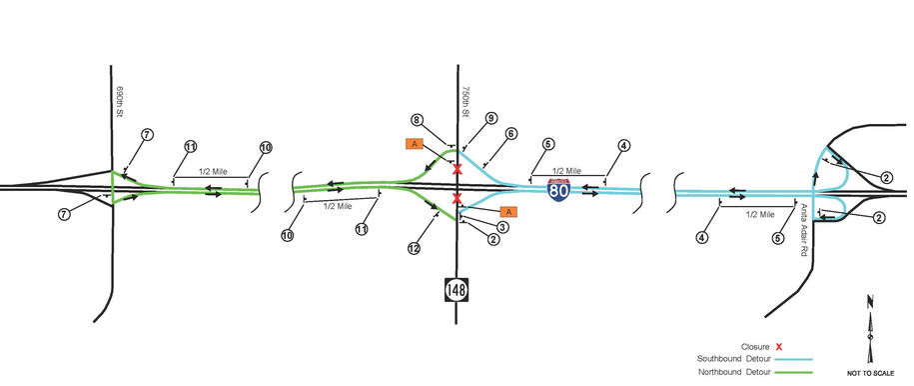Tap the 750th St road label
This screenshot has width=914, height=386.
click(x=465, y=97)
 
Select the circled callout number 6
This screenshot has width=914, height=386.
click(x=510, y=133)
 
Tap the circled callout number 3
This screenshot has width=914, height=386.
click(x=503, y=228)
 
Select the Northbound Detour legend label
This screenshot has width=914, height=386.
click(x=736, y=373)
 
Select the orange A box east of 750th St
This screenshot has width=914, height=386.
click(x=507, y=211)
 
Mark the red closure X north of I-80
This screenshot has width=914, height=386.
click(x=457, y=169)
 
